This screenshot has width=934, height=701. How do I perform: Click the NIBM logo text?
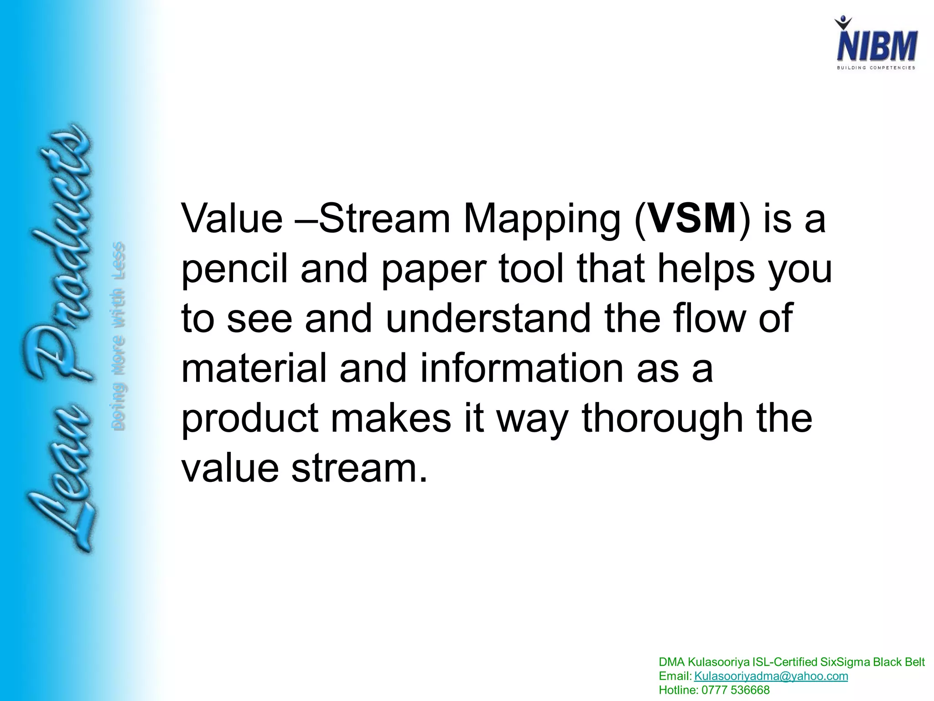tap(877, 46)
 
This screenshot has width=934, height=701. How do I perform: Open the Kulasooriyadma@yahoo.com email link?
tap(771, 676)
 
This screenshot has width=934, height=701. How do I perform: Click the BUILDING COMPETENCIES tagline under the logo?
tap(876, 68)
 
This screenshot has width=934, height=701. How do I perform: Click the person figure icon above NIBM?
tap(843, 23)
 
